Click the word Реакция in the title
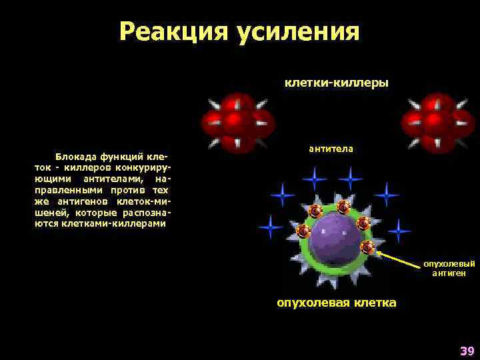[x=173, y=32]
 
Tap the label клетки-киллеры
[x=336, y=83]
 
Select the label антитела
[x=331, y=148]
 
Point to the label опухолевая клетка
[x=336, y=303]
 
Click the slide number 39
[x=466, y=351]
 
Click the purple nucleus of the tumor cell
[x=336, y=237]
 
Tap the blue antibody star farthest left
[x=270, y=227]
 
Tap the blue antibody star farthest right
[x=399, y=231]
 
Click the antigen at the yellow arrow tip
[x=367, y=247]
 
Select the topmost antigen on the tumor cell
[x=343, y=207]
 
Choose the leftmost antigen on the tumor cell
[x=303, y=231]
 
